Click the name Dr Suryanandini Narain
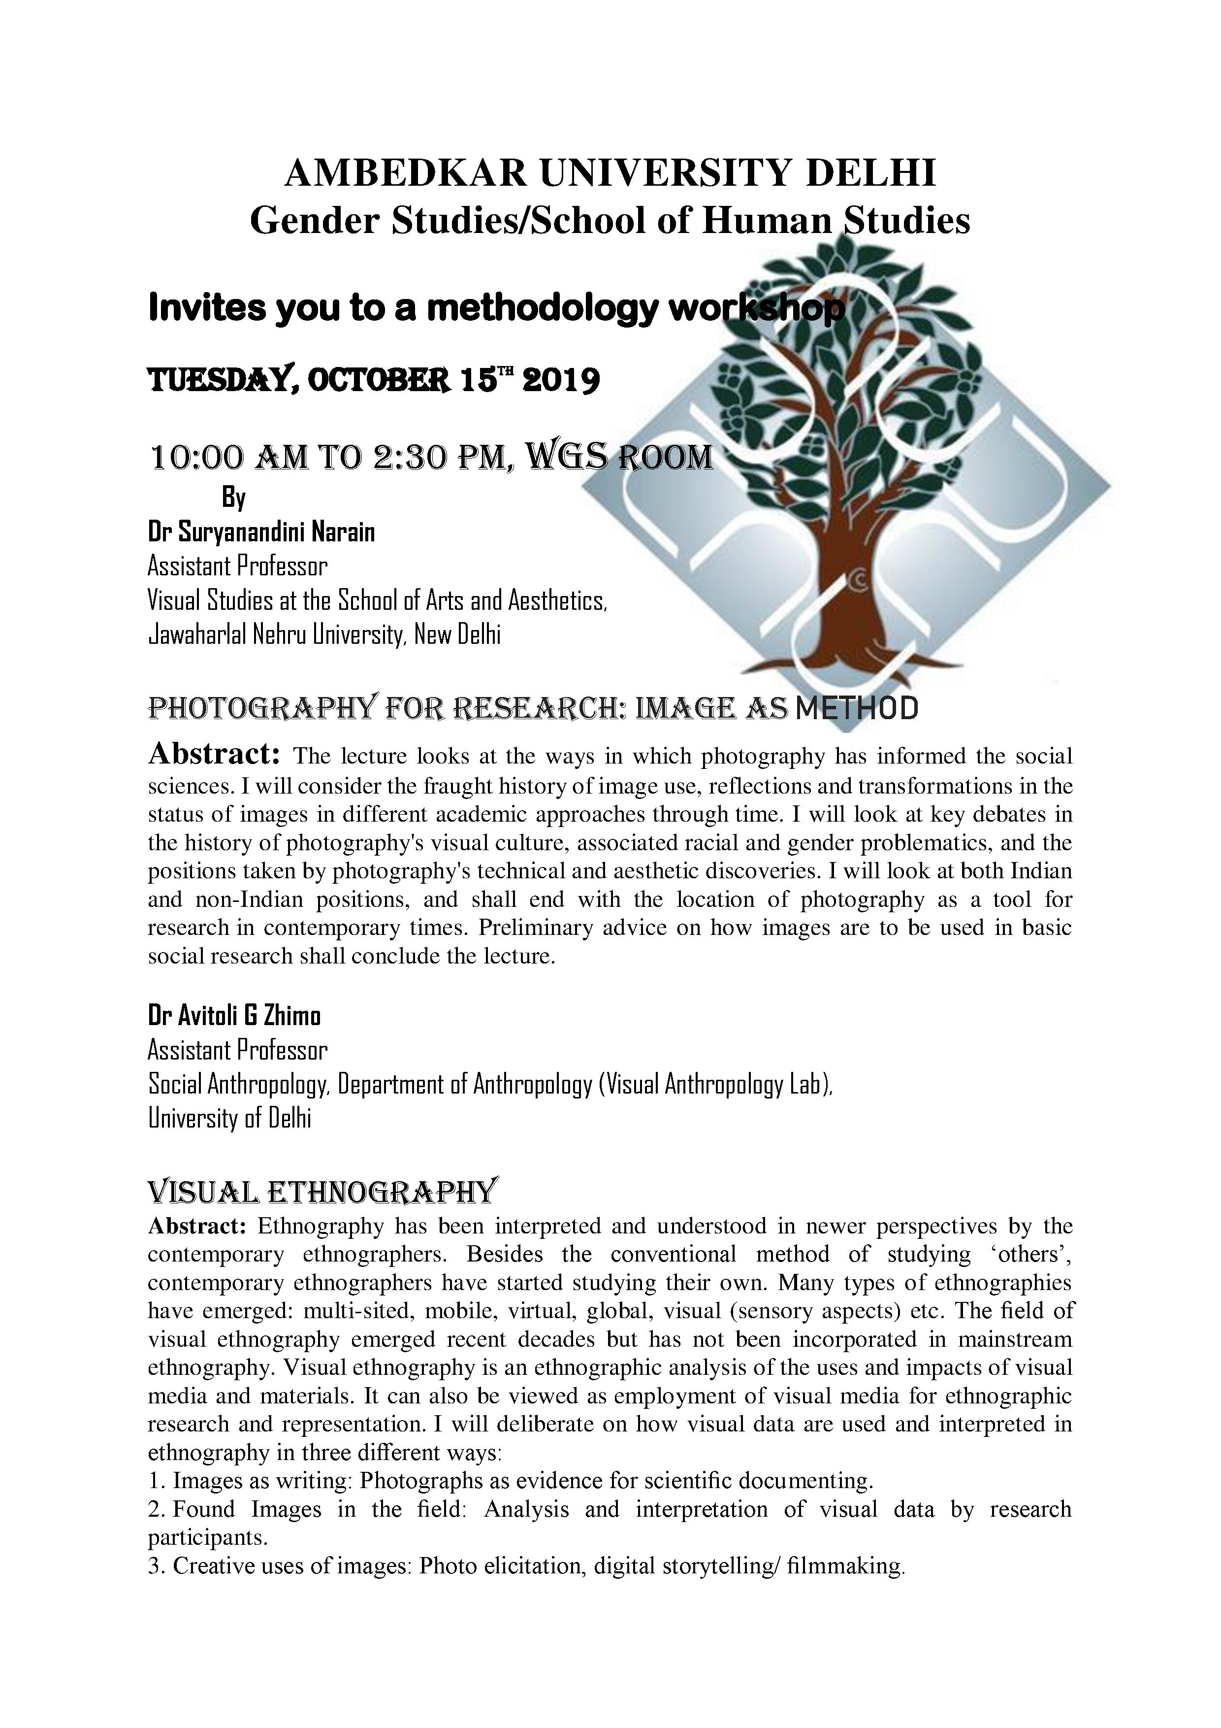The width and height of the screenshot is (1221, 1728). pos(261,532)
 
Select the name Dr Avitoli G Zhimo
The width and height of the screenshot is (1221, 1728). pos(234,1016)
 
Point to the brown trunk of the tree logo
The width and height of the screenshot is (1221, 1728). pos(846,595)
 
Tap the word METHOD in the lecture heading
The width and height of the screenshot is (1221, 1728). pos(856,708)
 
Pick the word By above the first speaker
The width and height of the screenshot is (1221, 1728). pos(233,498)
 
